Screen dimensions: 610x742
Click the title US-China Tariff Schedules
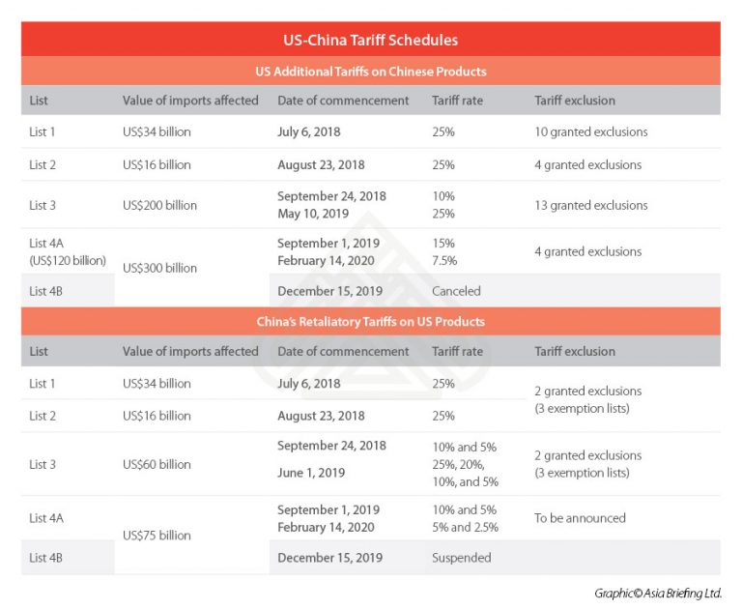(x=371, y=41)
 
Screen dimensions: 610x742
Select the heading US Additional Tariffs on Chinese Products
(x=371, y=72)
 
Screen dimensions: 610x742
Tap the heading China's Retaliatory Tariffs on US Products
(x=371, y=321)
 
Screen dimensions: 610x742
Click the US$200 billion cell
(x=160, y=205)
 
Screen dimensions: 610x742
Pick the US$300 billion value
(x=160, y=268)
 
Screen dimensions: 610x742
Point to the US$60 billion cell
(x=157, y=464)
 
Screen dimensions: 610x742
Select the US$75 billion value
(x=157, y=535)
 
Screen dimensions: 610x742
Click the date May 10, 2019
(x=313, y=213)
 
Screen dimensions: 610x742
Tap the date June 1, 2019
(x=313, y=473)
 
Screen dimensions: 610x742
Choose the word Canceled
(x=456, y=291)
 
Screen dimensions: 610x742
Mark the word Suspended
(x=461, y=558)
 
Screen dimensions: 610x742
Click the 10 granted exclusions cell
(x=590, y=131)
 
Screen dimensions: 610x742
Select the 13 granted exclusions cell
(x=590, y=205)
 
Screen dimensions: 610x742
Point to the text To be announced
(x=580, y=518)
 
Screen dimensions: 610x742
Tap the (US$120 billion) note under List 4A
(x=67, y=260)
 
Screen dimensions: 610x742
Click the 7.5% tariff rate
(x=443, y=260)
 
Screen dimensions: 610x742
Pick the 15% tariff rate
(x=443, y=244)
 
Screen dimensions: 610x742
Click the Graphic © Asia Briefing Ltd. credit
(x=657, y=593)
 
